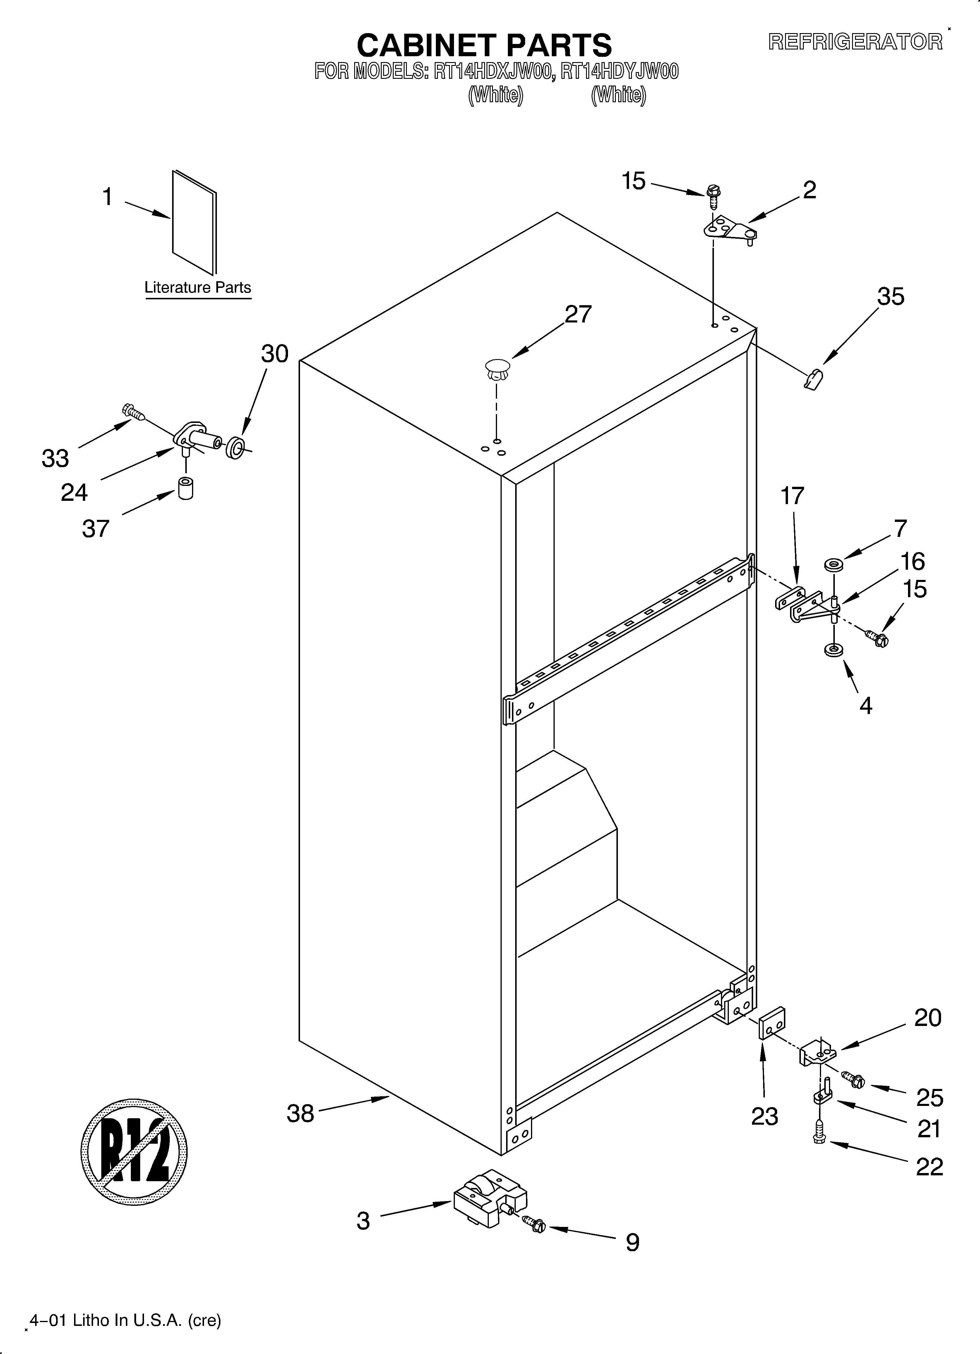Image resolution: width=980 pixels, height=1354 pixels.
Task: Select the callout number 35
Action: [890, 297]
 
